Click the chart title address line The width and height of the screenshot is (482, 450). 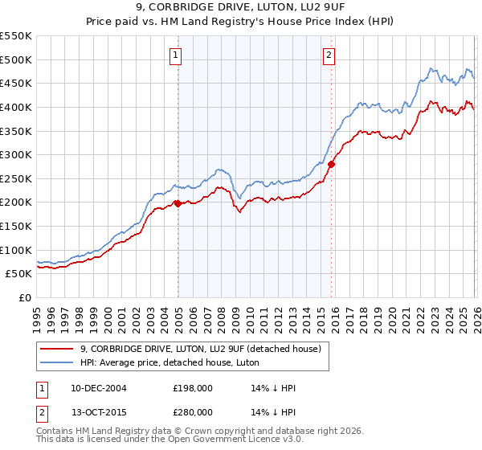pos(241,8)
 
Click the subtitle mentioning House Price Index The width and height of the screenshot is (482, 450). pos(241,22)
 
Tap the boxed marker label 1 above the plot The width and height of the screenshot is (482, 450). pos(175,55)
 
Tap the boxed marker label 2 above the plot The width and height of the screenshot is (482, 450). pos(329,55)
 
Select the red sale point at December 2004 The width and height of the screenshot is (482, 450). pos(178,203)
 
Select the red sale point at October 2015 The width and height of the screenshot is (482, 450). pos(331,164)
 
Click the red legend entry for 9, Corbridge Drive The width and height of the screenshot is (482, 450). pos(201,348)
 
